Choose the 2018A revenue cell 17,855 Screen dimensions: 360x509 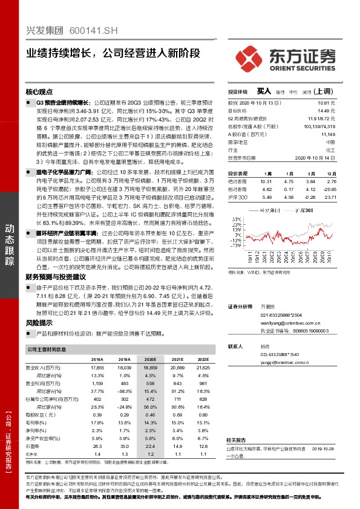(97, 367)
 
